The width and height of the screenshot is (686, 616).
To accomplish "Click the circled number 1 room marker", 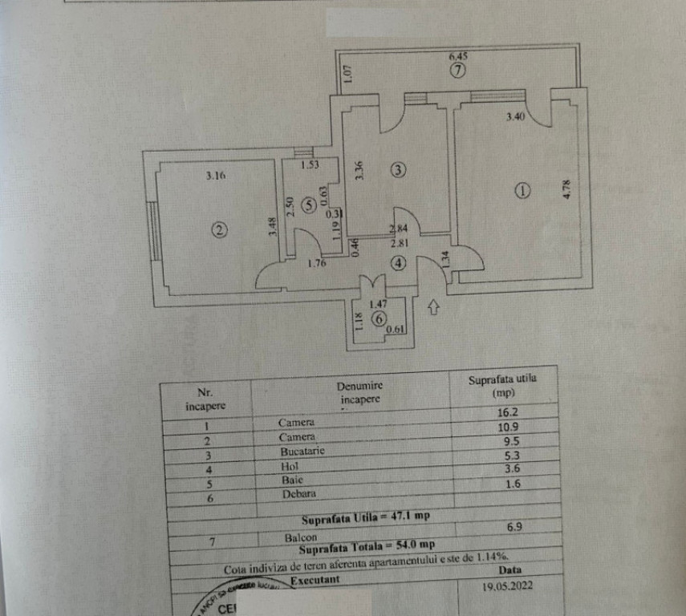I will click(522, 191).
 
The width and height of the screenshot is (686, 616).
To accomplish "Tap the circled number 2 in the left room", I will click(219, 229).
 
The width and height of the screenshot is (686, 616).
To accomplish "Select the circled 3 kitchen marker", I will click(398, 169).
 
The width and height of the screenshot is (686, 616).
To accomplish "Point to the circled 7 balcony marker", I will click(457, 70).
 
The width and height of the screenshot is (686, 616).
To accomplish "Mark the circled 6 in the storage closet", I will click(379, 318).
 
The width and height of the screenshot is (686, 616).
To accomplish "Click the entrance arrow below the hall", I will click(434, 306).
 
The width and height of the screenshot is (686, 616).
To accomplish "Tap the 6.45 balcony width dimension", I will click(457, 56).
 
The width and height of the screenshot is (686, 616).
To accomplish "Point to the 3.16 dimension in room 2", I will click(214, 176).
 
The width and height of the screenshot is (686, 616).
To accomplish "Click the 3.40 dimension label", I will click(515, 118).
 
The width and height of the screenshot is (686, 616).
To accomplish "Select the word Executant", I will click(315, 579).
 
